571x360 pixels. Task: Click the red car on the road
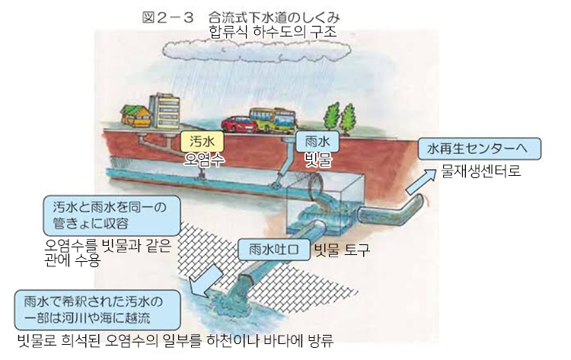coord(238,123)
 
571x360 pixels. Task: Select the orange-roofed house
coord(137,116)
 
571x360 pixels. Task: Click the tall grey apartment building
coord(165,111)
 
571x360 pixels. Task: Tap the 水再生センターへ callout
coord(479,147)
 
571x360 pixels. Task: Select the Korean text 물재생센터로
coord(481,170)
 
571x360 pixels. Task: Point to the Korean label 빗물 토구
coord(341,249)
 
